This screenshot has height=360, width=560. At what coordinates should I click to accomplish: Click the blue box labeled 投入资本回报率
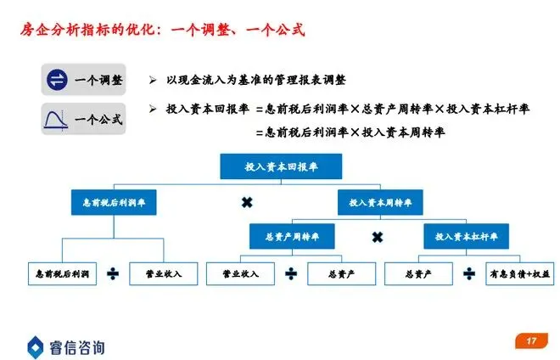point(281,166)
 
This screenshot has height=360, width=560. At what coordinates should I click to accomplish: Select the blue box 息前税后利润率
point(113,203)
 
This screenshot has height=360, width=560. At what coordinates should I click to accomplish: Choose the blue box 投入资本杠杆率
point(466,236)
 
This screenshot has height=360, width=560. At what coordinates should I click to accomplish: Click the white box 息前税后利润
point(62,273)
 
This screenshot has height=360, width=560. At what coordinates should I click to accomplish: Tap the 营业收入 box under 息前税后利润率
point(164,273)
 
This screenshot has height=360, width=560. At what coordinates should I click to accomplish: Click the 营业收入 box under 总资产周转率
point(240,273)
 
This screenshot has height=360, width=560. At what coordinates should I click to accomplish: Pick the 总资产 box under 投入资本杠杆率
point(419,273)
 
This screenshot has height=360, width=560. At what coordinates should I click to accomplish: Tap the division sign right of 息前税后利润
point(113,273)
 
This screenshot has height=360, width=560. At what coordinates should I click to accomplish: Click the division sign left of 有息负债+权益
point(469,273)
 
